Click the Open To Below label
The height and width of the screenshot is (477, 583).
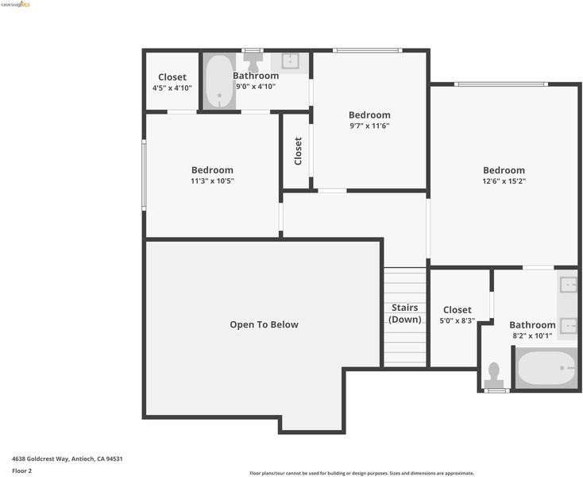click(x=264, y=324)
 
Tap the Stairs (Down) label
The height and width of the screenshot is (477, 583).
click(x=405, y=313)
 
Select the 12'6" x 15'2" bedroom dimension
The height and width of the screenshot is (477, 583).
click(x=504, y=181)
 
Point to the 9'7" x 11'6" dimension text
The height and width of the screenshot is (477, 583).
click(x=369, y=126)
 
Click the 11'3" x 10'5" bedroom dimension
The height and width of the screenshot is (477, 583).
click(x=212, y=181)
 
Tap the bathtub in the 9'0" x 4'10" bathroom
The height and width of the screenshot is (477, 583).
click(x=219, y=82)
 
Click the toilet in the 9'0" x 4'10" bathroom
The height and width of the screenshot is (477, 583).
click(x=253, y=60)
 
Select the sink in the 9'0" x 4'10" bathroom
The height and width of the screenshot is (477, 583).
click(x=290, y=62)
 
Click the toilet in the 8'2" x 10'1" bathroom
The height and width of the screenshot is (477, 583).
click(x=494, y=376)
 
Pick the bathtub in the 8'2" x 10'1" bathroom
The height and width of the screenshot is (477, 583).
click(x=546, y=368)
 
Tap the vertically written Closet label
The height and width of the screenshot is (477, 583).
click(x=298, y=151)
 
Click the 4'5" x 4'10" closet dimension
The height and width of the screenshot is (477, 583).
click(x=172, y=88)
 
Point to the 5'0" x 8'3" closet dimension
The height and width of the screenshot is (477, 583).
click(x=458, y=320)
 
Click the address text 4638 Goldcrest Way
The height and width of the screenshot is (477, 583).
click(x=41, y=459)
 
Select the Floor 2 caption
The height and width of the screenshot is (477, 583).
click(x=22, y=471)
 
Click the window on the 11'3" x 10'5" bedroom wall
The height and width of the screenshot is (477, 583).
click(x=144, y=175)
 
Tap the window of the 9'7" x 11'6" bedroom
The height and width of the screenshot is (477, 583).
click(x=368, y=51)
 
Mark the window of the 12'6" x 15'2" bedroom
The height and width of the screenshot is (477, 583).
click(x=501, y=84)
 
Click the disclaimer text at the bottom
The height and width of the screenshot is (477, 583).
click(x=361, y=473)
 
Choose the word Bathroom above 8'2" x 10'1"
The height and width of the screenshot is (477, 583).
click(x=532, y=325)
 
